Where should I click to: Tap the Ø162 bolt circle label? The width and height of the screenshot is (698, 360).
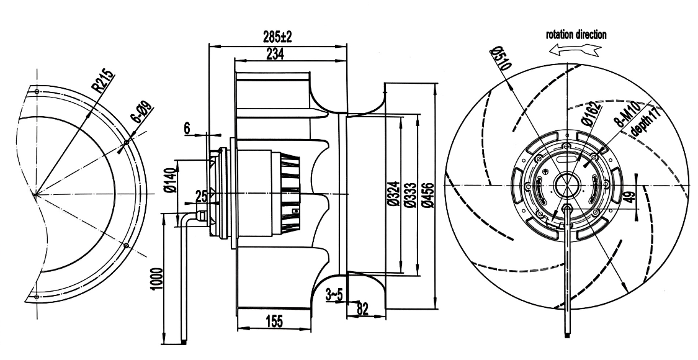tap(590, 114)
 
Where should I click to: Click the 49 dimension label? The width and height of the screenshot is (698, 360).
tap(627, 199)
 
